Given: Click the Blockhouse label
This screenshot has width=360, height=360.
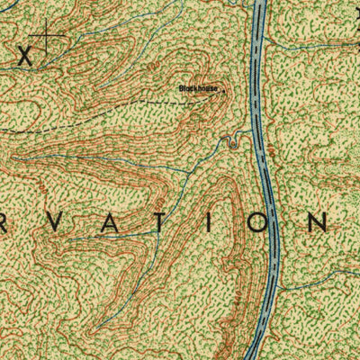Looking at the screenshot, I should (x=197, y=88).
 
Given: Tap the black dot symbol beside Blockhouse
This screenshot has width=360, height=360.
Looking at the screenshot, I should (x=219, y=89).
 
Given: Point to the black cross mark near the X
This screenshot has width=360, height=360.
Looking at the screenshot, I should (x=46, y=39).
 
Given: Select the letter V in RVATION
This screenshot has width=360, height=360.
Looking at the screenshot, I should (x=71, y=222).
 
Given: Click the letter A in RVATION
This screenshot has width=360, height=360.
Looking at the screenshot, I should (x=121, y=222).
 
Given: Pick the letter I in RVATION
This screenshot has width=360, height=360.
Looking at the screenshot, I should (x=211, y=222).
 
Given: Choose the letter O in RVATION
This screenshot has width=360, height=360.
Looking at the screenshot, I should (x=256, y=222).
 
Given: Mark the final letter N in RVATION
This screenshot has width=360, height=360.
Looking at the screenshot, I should (x=319, y=222).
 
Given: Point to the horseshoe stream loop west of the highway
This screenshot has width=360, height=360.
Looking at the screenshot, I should (x=237, y=138).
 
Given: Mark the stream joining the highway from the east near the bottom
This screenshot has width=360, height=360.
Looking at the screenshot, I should (x=310, y=281).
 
